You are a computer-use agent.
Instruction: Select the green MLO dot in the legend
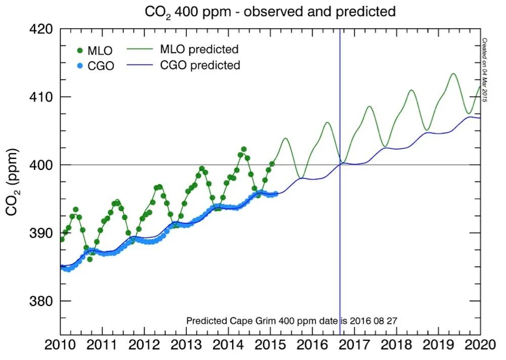click(80, 51)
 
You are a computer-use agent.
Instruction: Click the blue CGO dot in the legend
click(80, 66)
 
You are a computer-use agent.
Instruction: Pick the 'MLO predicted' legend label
click(199, 50)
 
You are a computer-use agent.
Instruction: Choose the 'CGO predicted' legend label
click(200, 65)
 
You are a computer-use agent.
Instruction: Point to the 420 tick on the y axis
click(41, 29)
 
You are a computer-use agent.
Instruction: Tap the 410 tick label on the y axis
click(41, 97)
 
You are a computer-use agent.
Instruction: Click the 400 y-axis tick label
click(41, 165)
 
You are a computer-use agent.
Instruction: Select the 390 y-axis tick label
click(41, 233)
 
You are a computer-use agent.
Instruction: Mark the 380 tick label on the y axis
click(41, 301)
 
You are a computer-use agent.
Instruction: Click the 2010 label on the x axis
click(60, 346)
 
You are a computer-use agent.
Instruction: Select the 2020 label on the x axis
click(479, 346)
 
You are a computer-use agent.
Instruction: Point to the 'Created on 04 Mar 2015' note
click(484, 70)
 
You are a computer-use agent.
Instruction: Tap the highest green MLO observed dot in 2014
click(244, 149)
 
